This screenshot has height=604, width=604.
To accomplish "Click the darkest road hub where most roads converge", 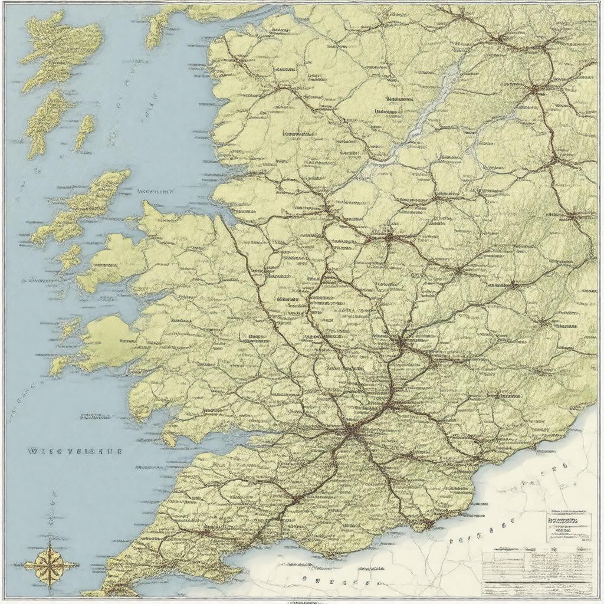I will pyautogui.click(x=351, y=432).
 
